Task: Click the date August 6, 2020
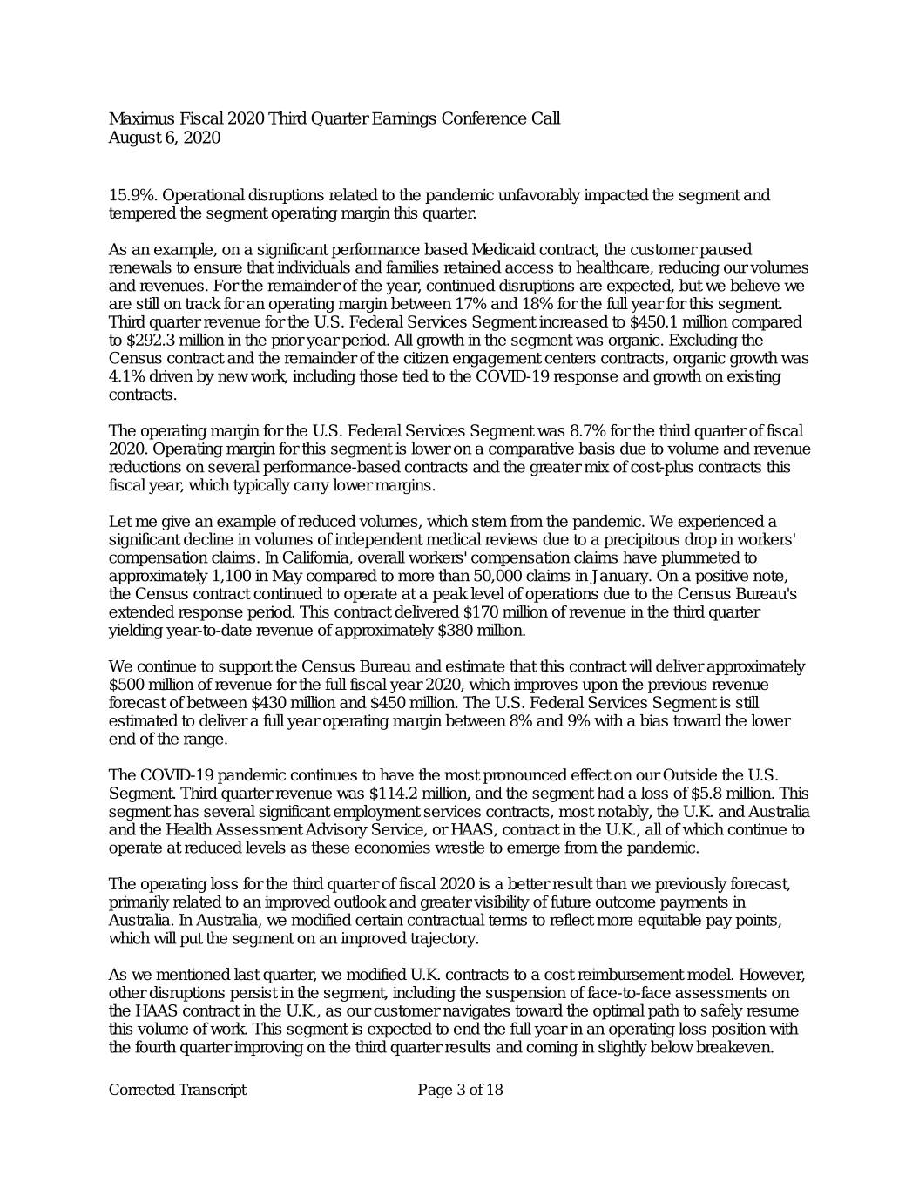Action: [x=165, y=138]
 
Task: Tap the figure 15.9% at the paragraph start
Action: [x=131, y=195]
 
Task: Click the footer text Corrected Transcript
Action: [x=178, y=1091]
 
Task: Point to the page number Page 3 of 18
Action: [x=460, y=1091]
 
